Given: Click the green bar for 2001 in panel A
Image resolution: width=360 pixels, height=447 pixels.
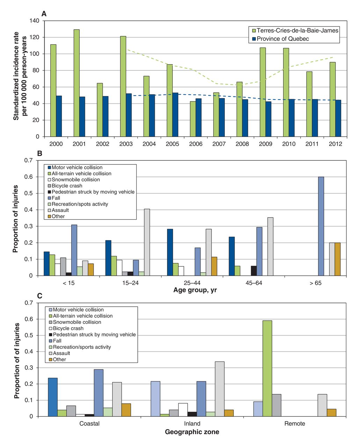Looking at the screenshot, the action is (76, 83).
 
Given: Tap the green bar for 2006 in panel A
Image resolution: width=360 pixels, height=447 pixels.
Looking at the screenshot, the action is (193, 119).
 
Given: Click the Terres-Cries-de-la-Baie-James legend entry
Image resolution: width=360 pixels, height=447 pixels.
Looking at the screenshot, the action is (295, 30).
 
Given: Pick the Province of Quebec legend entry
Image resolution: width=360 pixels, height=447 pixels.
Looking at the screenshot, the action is (280, 39).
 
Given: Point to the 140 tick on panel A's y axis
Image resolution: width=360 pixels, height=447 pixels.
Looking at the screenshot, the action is (34, 21).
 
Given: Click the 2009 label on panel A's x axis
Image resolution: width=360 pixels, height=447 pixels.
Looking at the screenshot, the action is (265, 144).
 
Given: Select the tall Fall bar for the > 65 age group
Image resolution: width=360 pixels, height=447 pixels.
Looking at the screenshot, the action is (321, 226).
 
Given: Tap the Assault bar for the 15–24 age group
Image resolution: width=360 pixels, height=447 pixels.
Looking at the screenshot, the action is (147, 242).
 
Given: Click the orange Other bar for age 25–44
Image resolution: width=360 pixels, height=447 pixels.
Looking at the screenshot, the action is (214, 266).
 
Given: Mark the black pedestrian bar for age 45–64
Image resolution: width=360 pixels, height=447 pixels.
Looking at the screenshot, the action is (254, 271).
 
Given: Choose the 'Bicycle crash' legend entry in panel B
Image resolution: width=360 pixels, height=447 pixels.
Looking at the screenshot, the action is (65, 186).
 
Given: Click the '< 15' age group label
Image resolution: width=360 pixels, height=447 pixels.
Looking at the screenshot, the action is (69, 283).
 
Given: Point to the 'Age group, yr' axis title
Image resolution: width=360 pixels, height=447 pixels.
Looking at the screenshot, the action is (195, 290).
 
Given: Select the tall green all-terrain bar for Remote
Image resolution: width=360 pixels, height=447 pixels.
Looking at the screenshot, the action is (267, 368).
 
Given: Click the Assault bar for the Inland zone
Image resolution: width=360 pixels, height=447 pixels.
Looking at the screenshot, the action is (219, 389).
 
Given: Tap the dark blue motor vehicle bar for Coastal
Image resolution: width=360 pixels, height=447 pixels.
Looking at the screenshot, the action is (53, 397).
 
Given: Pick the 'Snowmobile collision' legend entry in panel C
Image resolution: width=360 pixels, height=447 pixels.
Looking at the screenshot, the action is (75, 322).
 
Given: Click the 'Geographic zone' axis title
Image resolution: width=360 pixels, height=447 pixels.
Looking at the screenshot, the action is (192, 432).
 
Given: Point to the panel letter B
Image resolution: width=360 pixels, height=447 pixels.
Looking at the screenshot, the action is (39, 154).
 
